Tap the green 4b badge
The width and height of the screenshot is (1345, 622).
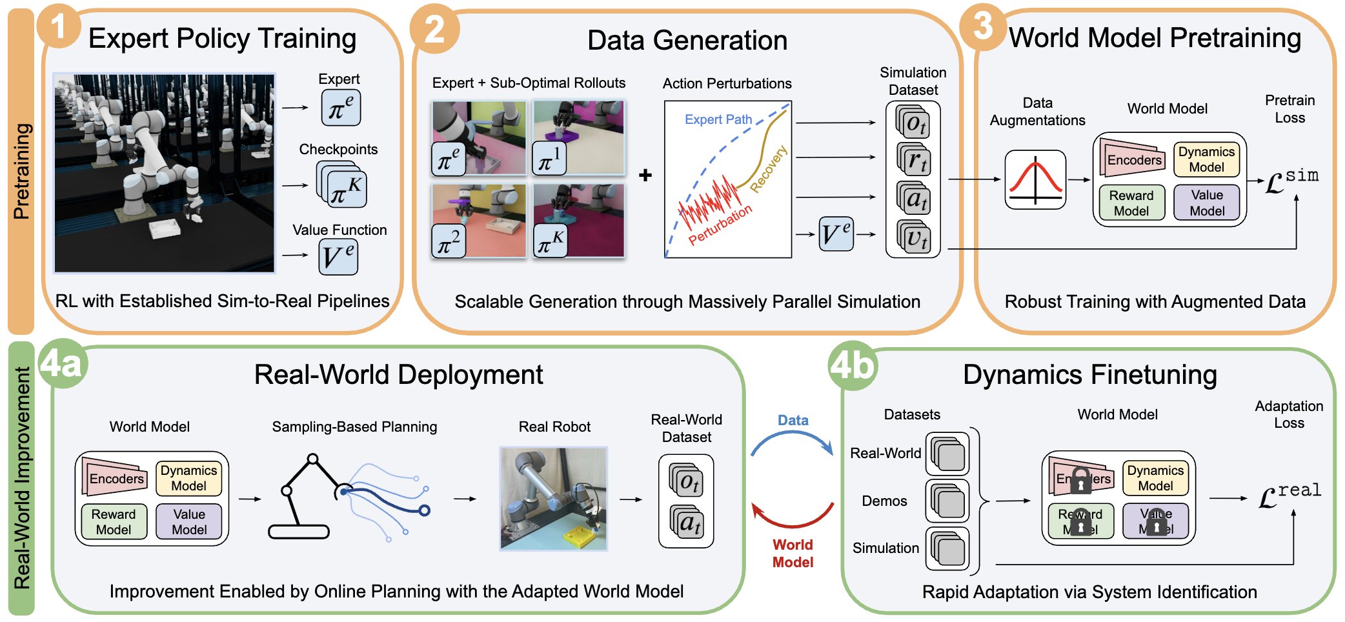[x=853, y=366]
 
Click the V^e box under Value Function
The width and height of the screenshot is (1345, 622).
[x=338, y=256]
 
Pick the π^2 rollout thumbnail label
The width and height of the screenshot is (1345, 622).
[x=449, y=242]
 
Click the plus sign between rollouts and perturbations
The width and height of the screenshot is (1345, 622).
[x=645, y=175]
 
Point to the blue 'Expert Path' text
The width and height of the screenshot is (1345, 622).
[x=718, y=119]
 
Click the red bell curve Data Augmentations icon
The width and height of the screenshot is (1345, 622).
[x=1035, y=179]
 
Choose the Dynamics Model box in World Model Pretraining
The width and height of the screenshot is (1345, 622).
[x=1206, y=159]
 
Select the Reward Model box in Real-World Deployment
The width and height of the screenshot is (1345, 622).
[x=114, y=521]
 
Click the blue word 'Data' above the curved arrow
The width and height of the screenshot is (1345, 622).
[x=793, y=420]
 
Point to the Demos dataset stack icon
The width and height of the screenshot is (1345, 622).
[x=947, y=501]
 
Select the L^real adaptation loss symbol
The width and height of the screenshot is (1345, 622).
[x=1289, y=495]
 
